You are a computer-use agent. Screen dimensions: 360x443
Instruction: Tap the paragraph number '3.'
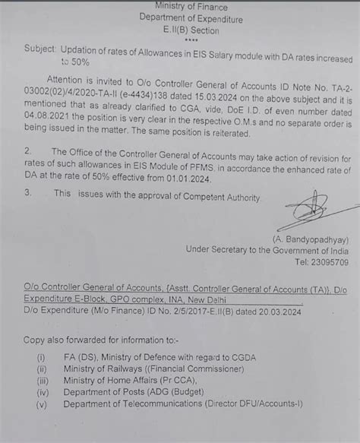[x=26, y=195]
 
